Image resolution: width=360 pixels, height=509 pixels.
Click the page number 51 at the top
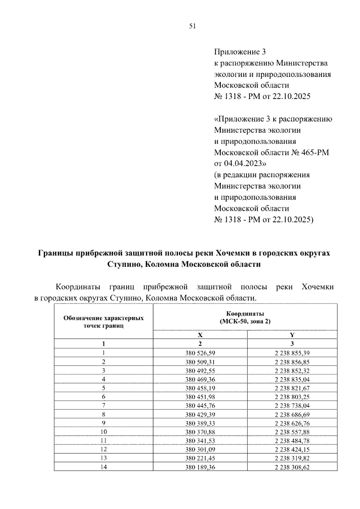(x=192, y=26)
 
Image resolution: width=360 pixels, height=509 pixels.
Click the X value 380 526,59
(x=200, y=353)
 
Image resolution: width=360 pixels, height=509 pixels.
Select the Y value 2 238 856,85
(x=292, y=362)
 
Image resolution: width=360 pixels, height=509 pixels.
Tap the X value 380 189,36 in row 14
(x=200, y=467)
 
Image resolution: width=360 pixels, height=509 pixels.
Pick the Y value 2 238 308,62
(x=292, y=467)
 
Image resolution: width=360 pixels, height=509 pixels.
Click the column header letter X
(x=200, y=335)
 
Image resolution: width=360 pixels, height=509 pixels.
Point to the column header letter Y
(x=292, y=335)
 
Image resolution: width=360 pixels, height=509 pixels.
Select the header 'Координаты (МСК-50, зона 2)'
(x=245, y=318)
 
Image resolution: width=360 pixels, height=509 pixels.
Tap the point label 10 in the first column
(x=103, y=432)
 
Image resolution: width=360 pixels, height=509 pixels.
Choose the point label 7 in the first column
(x=103, y=406)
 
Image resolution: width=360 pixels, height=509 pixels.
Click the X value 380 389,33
(x=200, y=423)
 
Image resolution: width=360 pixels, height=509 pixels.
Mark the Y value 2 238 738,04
(x=292, y=406)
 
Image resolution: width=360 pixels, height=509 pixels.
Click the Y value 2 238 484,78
(x=292, y=441)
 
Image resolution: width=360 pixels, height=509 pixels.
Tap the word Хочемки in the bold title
(x=231, y=253)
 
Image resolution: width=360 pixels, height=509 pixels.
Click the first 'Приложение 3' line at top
(x=240, y=52)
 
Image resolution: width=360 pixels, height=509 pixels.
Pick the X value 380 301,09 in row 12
(x=200, y=450)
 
